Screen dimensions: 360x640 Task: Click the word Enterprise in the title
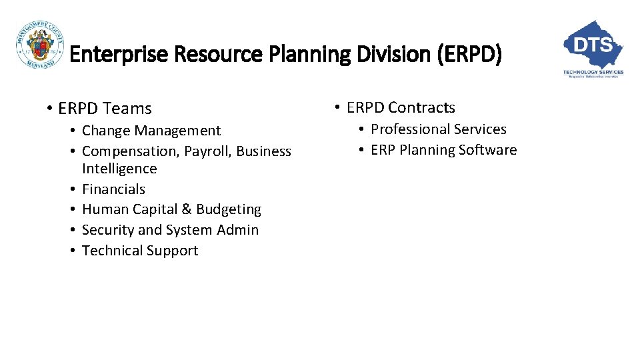[109, 54]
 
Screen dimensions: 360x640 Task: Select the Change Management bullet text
[151, 131]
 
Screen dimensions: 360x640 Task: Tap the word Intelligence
[119, 169]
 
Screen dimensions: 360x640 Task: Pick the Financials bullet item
[113, 189]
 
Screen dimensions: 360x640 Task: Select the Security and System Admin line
[170, 230]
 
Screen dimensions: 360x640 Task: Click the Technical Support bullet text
[140, 251]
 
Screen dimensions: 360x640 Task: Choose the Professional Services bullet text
[438, 129]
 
